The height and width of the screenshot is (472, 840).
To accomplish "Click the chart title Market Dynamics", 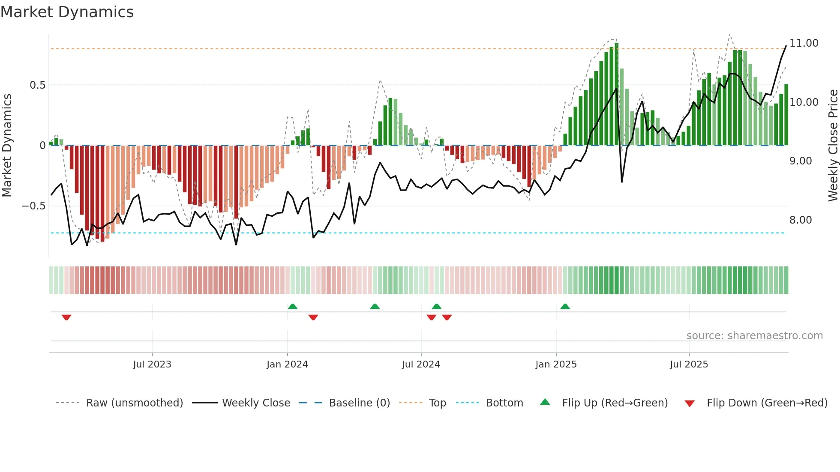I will click(67, 12).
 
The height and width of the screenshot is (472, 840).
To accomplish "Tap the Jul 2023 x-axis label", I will click(152, 364).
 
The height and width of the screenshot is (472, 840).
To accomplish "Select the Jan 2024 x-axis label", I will click(287, 364).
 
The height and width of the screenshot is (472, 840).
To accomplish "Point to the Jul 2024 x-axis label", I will click(421, 364).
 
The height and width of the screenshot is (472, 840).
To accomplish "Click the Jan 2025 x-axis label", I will click(556, 364).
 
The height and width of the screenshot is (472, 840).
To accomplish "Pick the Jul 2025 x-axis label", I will click(689, 364).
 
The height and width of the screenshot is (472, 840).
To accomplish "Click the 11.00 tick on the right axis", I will click(804, 43).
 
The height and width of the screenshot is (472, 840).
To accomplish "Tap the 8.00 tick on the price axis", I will click(800, 220).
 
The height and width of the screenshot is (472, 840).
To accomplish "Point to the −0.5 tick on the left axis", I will click(34, 206).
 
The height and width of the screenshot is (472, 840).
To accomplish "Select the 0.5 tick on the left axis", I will click(37, 85).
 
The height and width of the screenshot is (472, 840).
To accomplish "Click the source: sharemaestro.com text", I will click(754, 336).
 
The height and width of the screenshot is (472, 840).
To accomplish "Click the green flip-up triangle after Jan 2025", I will click(565, 306).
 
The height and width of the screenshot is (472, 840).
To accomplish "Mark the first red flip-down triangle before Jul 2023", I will click(66, 317).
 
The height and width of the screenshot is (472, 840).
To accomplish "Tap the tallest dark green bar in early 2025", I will click(616, 94).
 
